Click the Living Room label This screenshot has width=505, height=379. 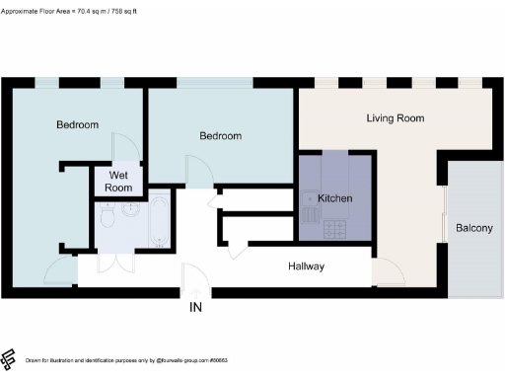[395, 118]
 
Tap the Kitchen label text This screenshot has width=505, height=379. [335, 198]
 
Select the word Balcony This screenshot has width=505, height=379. [473, 229]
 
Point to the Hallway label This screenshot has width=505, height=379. [306, 266]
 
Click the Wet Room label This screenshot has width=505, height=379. [118, 181]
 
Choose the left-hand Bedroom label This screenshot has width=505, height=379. [77, 125]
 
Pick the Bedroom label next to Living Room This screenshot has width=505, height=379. [221, 136]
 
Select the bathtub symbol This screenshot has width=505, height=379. [159, 223]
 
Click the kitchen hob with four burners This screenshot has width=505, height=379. [334, 228]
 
